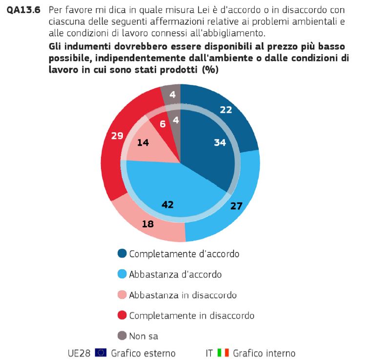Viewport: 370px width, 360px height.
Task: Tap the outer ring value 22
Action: click(226, 110)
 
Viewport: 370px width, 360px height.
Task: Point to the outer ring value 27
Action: click(236, 206)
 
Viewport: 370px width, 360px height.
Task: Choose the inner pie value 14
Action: click(143, 144)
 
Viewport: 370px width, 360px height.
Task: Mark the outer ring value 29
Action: click(117, 136)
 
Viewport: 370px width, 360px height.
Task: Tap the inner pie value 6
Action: click(162, 124)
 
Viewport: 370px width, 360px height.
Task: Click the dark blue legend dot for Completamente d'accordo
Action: click(122, 253)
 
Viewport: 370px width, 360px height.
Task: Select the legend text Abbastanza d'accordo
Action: click(175, 274)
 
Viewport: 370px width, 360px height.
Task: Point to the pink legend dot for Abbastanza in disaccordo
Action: click(122, 295)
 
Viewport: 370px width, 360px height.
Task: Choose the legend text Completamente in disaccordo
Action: click(191, 315)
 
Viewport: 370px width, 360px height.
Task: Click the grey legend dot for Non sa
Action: click(122, 336)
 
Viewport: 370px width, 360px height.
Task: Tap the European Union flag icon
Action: click(101, 352)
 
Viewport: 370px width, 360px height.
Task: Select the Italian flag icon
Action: click(223, 352)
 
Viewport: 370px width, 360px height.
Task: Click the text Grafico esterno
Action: click(143, 352)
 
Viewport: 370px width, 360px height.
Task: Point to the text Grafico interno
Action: click(264, 352)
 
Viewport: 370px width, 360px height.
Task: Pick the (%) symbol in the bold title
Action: click(210, 70)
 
